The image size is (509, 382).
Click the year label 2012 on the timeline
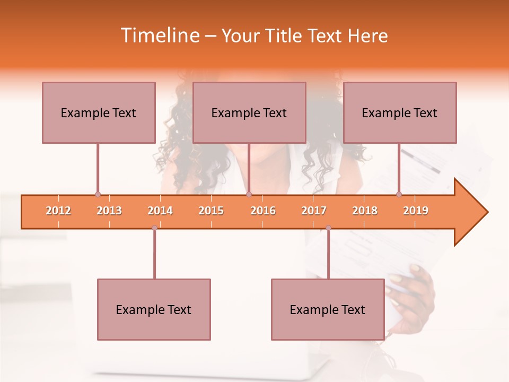58,211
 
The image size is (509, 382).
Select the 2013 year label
109,211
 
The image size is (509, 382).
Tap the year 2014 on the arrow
160,211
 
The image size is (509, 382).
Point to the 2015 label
211,211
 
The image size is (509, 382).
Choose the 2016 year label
263,211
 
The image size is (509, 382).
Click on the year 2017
314,211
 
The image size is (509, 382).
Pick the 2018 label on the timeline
365,211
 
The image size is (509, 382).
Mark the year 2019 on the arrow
416,211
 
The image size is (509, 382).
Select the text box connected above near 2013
99,112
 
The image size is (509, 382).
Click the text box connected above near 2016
249,112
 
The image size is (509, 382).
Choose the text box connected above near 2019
400,112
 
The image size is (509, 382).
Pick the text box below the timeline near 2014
154,309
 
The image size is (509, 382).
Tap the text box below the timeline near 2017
328,309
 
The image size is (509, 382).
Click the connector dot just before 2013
98,194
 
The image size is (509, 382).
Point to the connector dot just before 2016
249,194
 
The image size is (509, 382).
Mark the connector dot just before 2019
399,194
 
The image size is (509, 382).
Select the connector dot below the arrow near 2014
154,228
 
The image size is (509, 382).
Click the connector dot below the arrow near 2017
328,228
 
